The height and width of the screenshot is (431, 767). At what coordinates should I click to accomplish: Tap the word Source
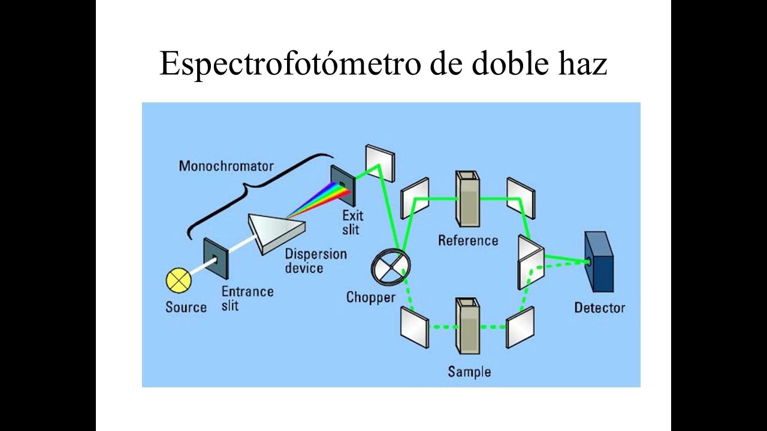(x=186, y=308)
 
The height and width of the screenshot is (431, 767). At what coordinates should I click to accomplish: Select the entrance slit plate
(x=216, y=259)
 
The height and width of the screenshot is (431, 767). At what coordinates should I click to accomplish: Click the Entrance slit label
(x=247, y=298)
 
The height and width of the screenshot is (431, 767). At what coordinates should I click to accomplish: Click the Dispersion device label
(x=315, y=260)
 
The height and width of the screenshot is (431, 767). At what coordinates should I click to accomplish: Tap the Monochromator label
(x=226, y=166)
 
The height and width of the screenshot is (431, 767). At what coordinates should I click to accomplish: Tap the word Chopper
(x=370, y=297)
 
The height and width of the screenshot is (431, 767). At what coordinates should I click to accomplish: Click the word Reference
(x=468, y=241)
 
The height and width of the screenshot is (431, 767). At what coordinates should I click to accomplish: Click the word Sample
(x=469, y=372)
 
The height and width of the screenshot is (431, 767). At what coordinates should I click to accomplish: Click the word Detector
(x=599, y=308)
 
